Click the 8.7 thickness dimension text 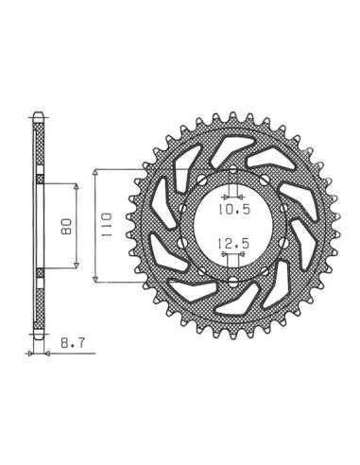coord(73,343)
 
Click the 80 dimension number coord(67,226)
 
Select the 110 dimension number coord(106,225)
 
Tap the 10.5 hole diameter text coord(234,209)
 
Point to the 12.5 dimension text coord(233,243)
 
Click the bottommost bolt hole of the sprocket coord(232,282)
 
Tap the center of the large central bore coord(232,227)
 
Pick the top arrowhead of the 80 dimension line coord(76,186)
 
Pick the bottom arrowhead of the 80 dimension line coord(76,266)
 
